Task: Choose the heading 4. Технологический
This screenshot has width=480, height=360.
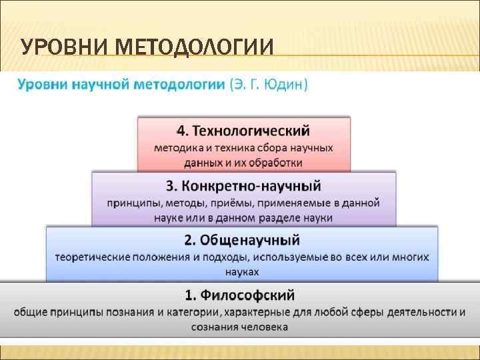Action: click(243, 130)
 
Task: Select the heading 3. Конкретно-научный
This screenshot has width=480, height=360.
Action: click(243, 185)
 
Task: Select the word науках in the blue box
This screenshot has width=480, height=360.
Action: click(242, 271)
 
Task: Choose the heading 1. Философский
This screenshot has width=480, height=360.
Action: click(240, 295)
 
